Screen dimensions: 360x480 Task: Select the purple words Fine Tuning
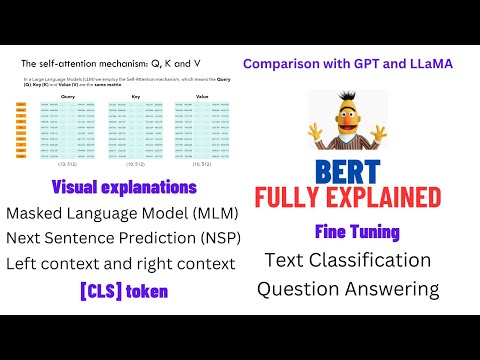(357, 232)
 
